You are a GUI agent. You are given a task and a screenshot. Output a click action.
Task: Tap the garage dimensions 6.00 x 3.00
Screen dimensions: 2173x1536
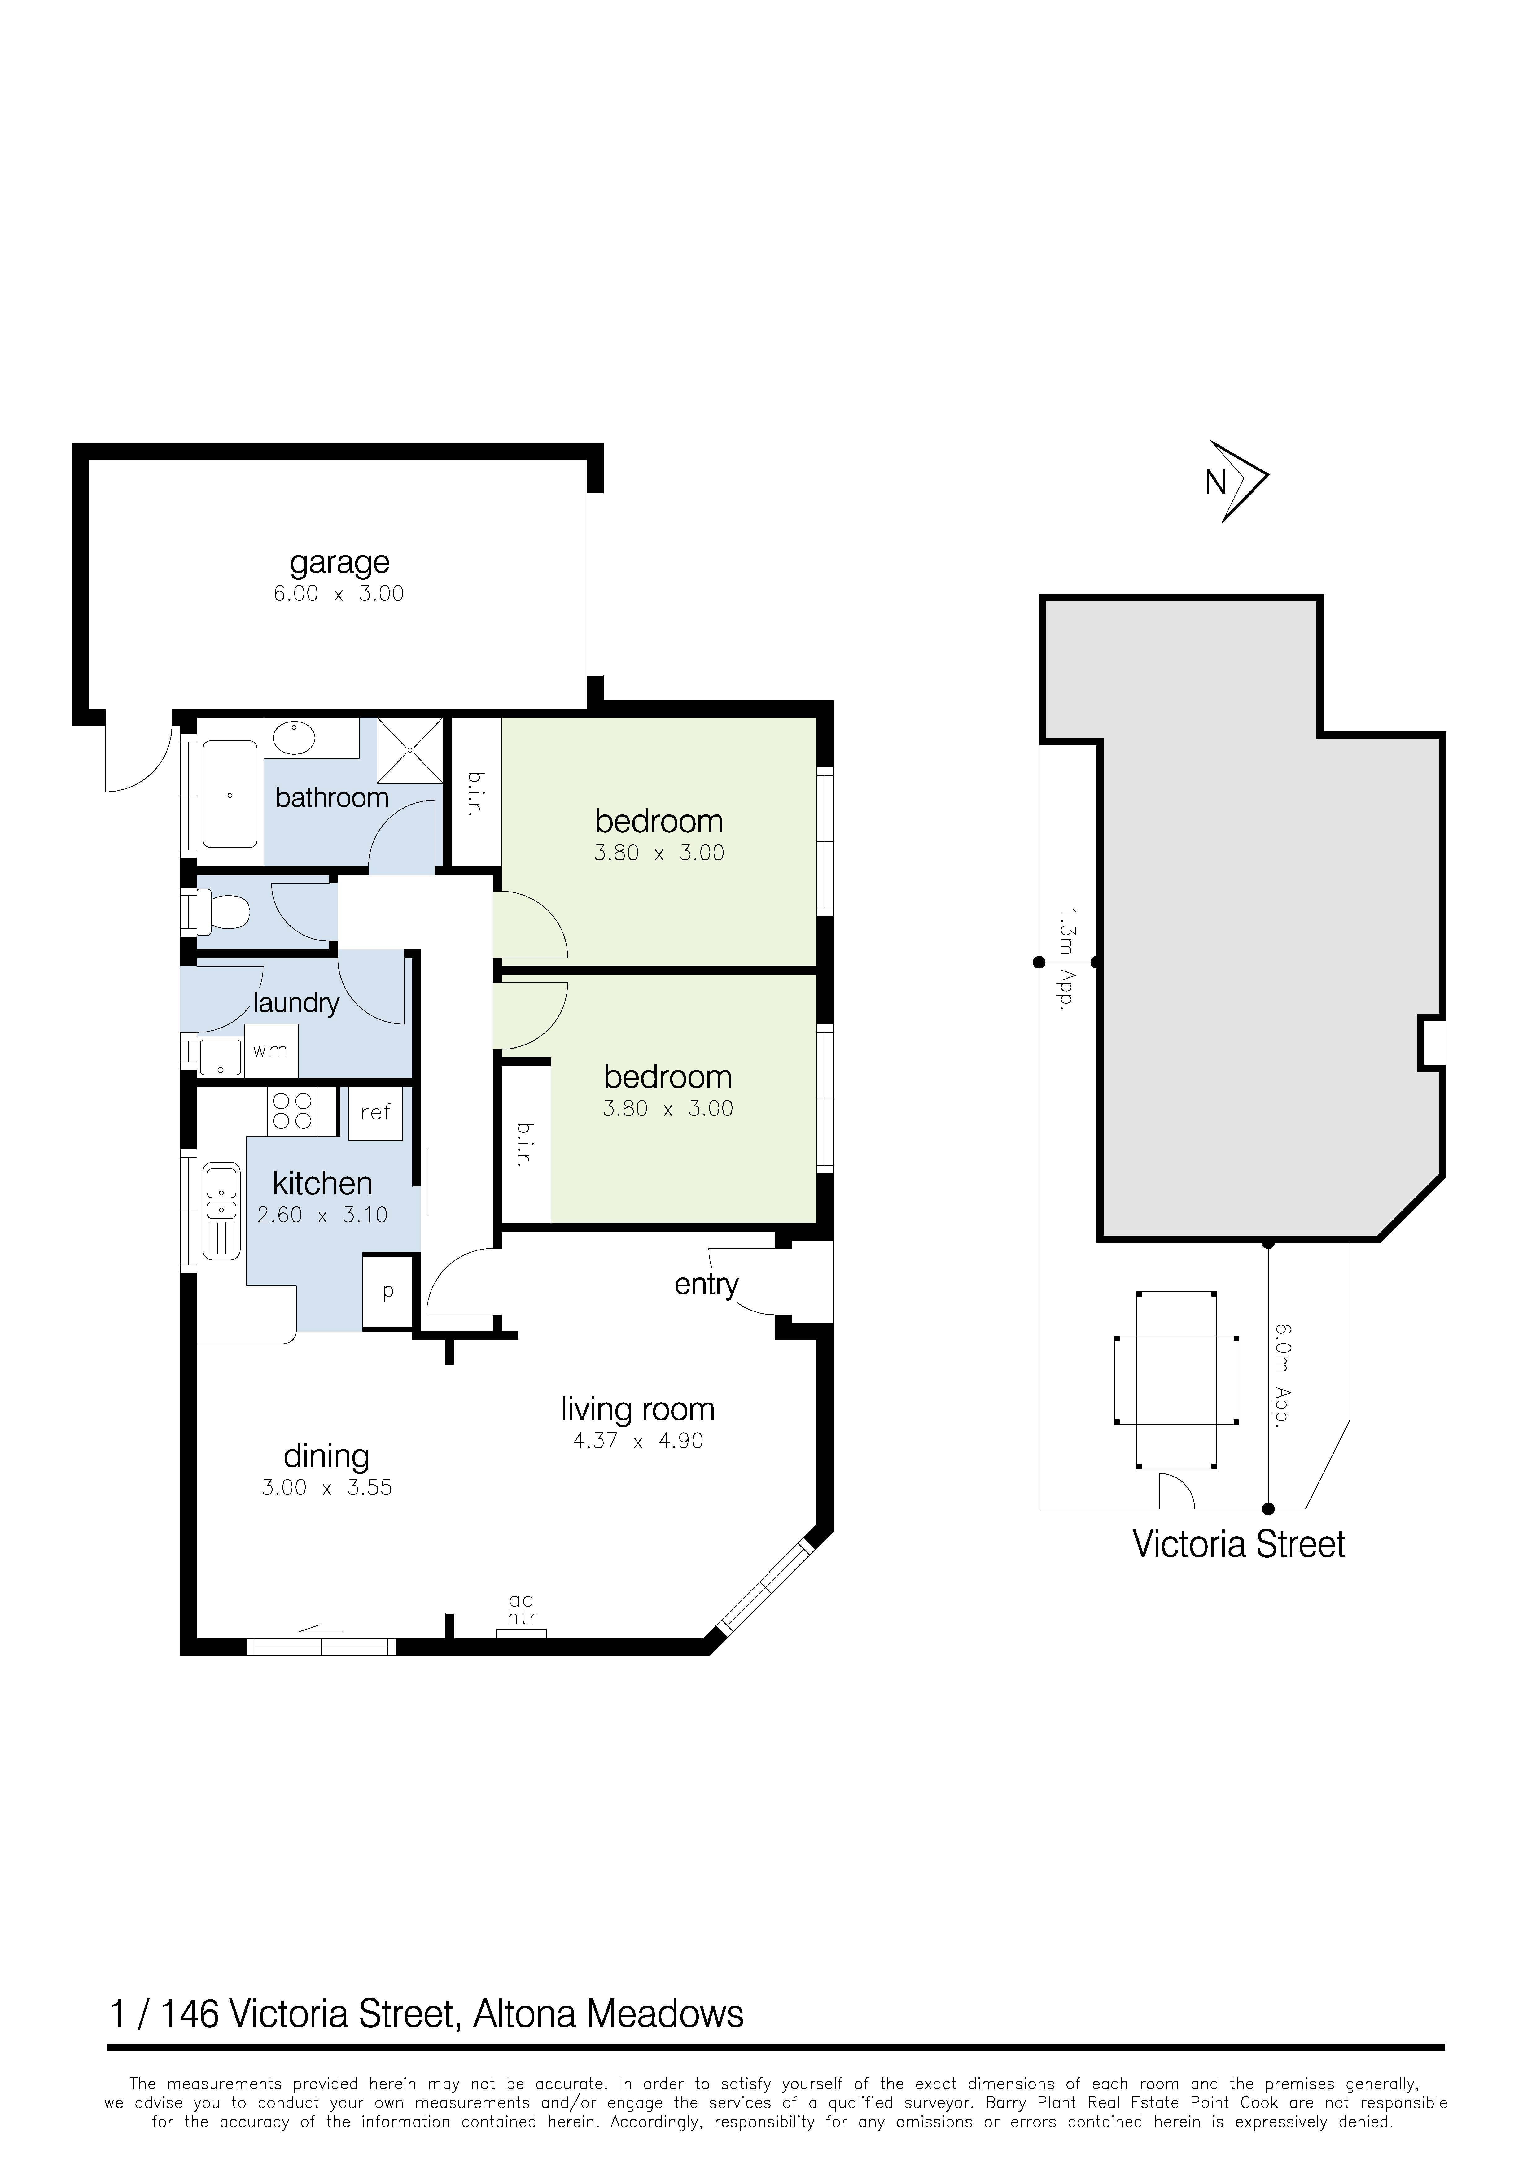tap(339, 594)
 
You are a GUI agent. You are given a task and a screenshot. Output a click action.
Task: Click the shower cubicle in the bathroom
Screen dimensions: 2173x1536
tap(410, 749)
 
